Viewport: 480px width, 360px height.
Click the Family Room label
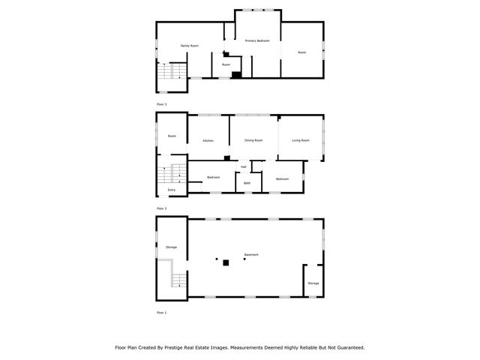pyautogui.click(x=190, y=46)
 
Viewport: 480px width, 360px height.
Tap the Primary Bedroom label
pyautogui.click(x=257, y=40)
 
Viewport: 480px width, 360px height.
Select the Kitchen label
pyautogui.click(x=207, y=141)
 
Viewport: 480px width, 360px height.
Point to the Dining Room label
pyautogui.click(x=253, y=140)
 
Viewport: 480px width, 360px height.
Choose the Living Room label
pyautogui.click(x=300, y=140)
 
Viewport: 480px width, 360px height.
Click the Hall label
pyautogui.click(x=244, y=166)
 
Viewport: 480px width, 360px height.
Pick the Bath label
pyautogui.click(x=247, y=183)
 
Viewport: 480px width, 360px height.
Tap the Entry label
pyautogui.click(x=172, y=190)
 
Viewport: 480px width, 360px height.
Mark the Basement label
pyautogui.click(x=251, y=255)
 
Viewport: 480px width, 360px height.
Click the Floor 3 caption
pyautogui.click(x=161, y=103)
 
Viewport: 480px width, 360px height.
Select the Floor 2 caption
pyautogui.click(x=161, y=208)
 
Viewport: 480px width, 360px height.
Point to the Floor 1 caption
pyautogui.click(x=161, y=312)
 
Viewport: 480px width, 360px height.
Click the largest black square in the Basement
pyautogui.click(x=226, y=262)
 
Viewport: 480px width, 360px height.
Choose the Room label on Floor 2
pyautogui.click(x=172, y=136)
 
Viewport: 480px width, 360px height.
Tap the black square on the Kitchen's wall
pyautogui.click(x=226, y=157)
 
